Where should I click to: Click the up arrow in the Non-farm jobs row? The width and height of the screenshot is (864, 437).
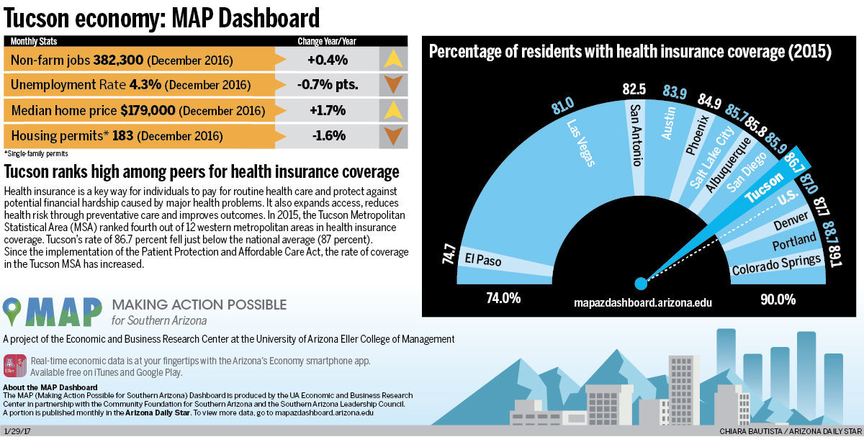[x=392, y=59]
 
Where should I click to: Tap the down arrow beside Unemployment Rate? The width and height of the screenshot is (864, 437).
[x=392, y=85]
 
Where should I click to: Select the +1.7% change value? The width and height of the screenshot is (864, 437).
[x=327, y=111]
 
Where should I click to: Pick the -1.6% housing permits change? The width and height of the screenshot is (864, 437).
[x=327, y=135]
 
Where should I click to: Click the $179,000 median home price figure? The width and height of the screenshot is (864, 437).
[x=148, y=111]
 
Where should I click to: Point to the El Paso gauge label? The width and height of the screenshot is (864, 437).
[x=483, y=259]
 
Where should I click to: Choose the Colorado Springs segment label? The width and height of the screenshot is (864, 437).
[x=776, y=264]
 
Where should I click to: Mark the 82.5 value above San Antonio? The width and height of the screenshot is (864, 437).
[x=634, y=89]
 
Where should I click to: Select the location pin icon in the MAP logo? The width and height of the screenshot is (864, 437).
[x=13, y=311]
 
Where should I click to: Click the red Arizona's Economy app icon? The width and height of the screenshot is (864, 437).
[x=15, y=366]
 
